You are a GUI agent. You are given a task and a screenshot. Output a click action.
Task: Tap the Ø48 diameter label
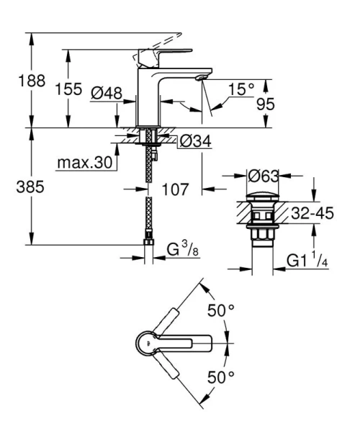(107, 93)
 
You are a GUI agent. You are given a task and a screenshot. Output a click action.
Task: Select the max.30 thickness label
(86, 163)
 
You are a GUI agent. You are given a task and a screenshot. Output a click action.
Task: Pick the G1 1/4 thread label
(305, 258)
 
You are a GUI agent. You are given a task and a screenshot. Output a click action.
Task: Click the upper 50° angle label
(222, 312)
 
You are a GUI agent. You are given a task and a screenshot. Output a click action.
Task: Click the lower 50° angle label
(222, 377)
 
